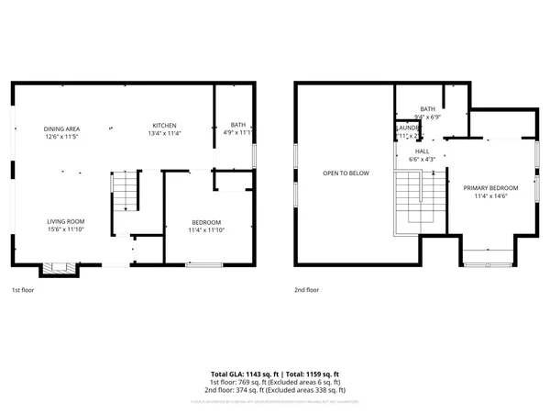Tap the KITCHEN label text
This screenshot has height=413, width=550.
164,126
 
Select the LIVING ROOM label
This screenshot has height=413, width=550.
66,221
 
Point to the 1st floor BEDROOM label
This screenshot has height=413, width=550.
205,223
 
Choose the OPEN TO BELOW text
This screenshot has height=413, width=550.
346,173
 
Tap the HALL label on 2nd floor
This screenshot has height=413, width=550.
422,151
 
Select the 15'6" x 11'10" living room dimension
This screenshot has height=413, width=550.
66,229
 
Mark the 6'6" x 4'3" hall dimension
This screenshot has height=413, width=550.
422,160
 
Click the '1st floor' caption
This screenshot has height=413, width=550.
22,289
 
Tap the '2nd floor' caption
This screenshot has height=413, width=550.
307,289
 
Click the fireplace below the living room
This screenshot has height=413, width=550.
59,270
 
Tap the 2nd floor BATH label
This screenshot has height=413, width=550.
427,109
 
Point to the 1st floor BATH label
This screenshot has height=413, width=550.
238,125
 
